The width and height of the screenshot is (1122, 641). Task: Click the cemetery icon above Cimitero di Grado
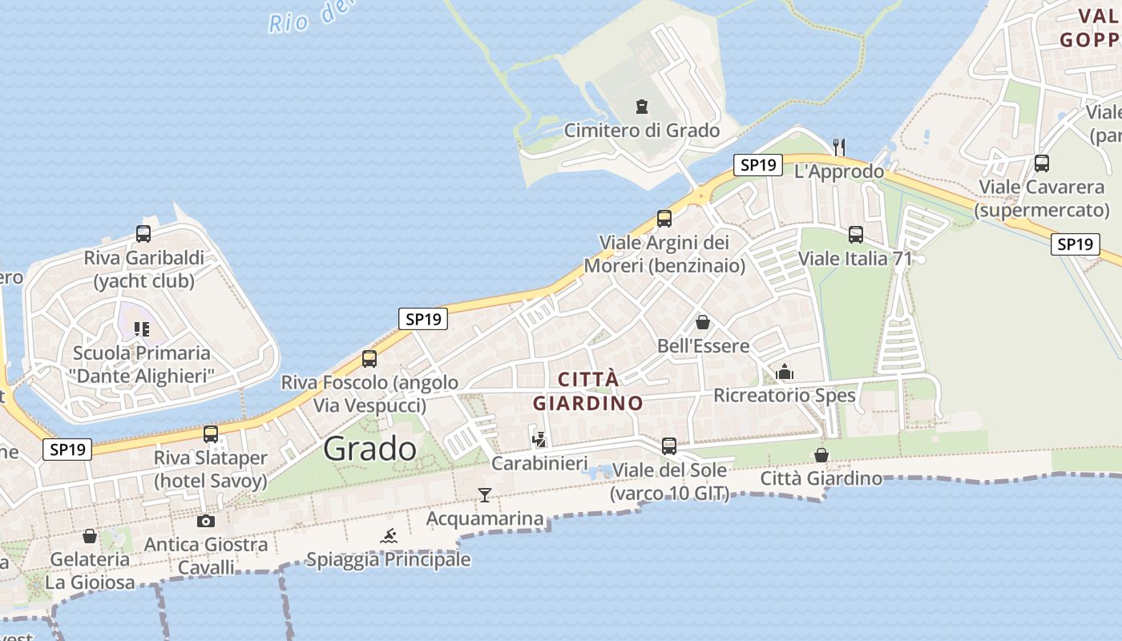coord(641,107)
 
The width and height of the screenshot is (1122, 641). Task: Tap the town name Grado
coord(370,449)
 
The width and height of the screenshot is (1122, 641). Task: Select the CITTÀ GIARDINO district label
coord(588,391)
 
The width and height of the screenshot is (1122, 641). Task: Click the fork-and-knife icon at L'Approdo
coord(839,147)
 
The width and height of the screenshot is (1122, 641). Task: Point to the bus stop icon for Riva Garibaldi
coord(143,234)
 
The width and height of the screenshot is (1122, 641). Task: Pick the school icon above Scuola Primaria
coord(142,329)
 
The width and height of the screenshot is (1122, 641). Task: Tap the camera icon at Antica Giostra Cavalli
coord(205,521)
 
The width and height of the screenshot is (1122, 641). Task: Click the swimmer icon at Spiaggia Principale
coord(389,536)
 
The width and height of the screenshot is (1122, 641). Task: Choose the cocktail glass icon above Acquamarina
coord(485,494)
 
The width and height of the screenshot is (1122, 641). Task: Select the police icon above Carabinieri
coord(539,439)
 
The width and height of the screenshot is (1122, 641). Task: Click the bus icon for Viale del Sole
coord(669,446)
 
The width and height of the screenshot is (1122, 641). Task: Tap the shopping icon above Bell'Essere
coord(703,322)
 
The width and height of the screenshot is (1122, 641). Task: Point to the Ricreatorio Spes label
coord(785,395)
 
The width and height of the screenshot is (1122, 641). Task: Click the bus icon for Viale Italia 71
coord(856,235)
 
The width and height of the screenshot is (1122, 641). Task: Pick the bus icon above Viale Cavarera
coord(1042,163)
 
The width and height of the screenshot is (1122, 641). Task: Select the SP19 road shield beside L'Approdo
coord(757,165)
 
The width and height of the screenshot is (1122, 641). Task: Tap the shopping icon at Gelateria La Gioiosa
coord(90,535)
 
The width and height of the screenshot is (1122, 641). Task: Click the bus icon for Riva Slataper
coord(211,434)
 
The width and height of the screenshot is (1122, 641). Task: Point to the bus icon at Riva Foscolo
coord(369,359)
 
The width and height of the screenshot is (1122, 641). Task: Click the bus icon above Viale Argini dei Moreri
coord(664,218)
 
